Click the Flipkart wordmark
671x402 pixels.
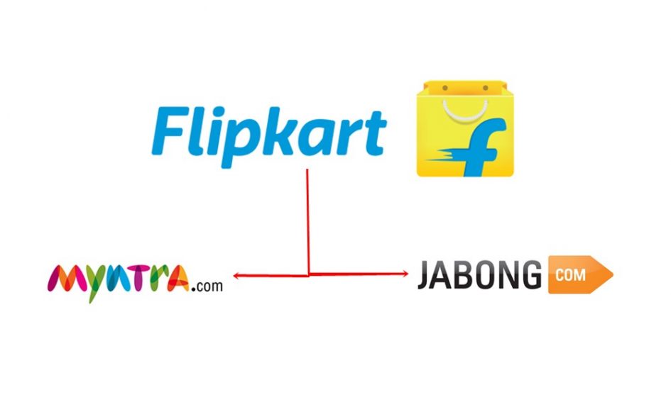pyautogui.click(x=270, y=131)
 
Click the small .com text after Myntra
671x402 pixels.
pyautogui.click(x=208, y=286)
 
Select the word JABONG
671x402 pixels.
pyautogui.click(x=479, y=276)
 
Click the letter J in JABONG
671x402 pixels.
pyautogui.click(x=425, y=277)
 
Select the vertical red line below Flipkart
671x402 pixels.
pyautogui.click(x=307, y=220)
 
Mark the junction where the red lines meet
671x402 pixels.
pyautogui.click(x=308, y=274)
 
